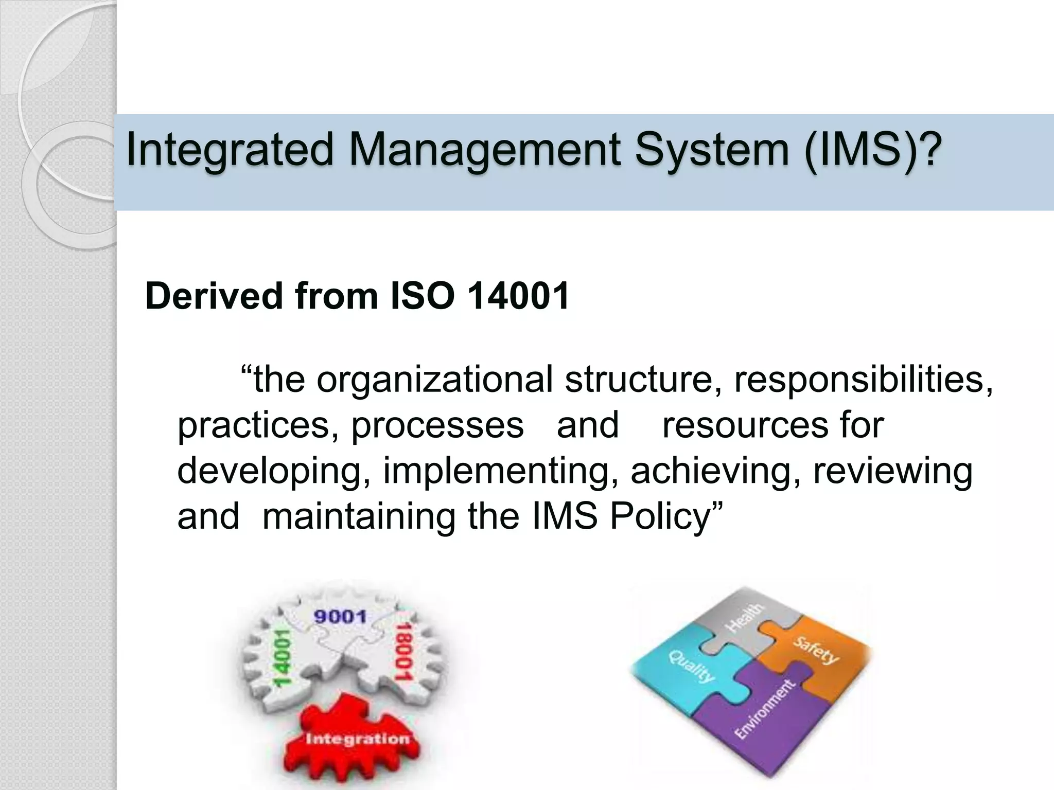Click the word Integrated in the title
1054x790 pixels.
230,150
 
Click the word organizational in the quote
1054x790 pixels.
434,380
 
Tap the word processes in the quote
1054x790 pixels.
437,425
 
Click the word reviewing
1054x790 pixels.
892,471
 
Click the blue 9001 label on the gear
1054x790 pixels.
340,616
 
